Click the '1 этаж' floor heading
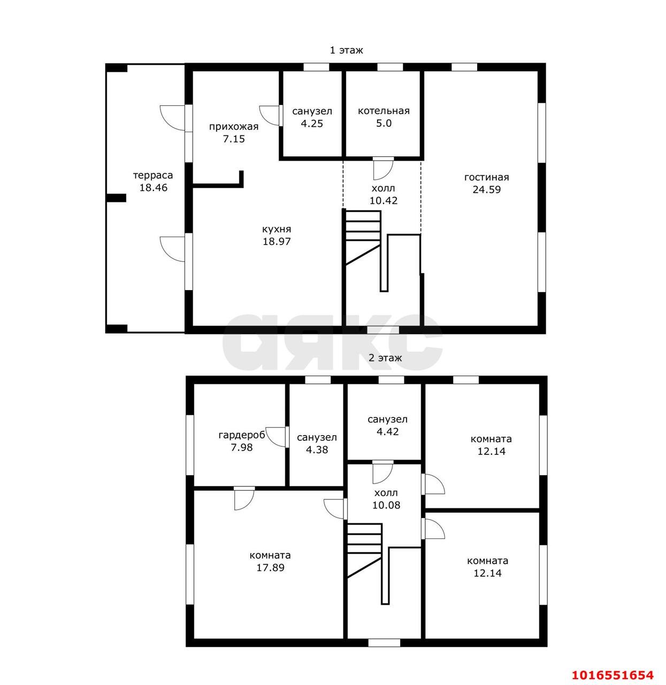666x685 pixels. point(346,50)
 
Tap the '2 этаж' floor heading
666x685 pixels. point(385,358)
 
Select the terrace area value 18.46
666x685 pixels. point(154,188)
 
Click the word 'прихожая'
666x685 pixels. point(234,127)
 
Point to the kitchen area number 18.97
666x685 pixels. point(277,241)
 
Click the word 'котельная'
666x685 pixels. point(384,111)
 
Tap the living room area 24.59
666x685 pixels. point(487,190)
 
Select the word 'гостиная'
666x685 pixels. point(487,178)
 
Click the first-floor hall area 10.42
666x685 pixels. point(384,201)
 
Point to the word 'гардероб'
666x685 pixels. point(242,436)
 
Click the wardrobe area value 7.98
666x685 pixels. point(242,448)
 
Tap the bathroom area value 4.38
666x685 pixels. point(317,450)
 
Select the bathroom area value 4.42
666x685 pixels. point(387,431)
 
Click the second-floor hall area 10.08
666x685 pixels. point(386,505)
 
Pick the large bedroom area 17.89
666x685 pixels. point(270,568)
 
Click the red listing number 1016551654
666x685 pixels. point(613,675)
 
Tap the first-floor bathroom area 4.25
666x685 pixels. point(312,124)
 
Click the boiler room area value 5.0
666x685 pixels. point(384,124)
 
